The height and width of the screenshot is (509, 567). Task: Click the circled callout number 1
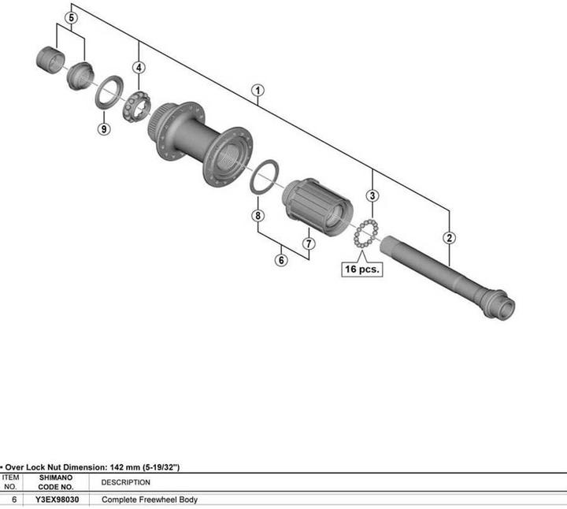pyautogui.click(x=258, y=90)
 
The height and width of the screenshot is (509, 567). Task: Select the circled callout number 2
pyautogui.click(x=449, y=237)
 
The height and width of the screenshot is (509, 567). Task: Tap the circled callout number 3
pyautogui.click(x=372, y=195)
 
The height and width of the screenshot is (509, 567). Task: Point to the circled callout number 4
pyautogui.click(x=139, y=68)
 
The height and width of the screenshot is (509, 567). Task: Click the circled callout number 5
pyautogui.click(x=71, y=17)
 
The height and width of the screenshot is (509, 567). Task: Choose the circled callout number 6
pyautogui.click(x=280, y=259)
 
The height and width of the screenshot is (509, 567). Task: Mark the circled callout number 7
pyautogui.click(x=308, y=243)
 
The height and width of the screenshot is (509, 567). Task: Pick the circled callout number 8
pyautogui.click(x=257, y=215)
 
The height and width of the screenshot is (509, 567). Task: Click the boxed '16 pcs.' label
pyautogui.click(x=361, y=269)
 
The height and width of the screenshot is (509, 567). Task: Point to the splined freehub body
pyautogui.click(x=317, y=204)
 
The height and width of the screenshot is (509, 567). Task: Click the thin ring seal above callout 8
pyautogui.click(x=263, y=176)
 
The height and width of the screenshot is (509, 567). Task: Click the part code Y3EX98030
pyautogui.click(x=56, y=500)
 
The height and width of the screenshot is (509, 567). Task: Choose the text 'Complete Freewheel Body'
pyautogui.click(x=150, y=500)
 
